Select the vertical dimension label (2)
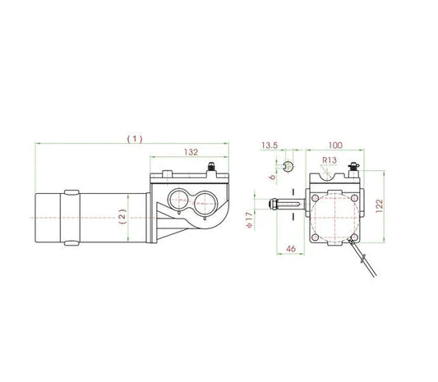[x=122, y=217]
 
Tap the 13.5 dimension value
[x=268, y=145]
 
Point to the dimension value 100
[x=335, y=145]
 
